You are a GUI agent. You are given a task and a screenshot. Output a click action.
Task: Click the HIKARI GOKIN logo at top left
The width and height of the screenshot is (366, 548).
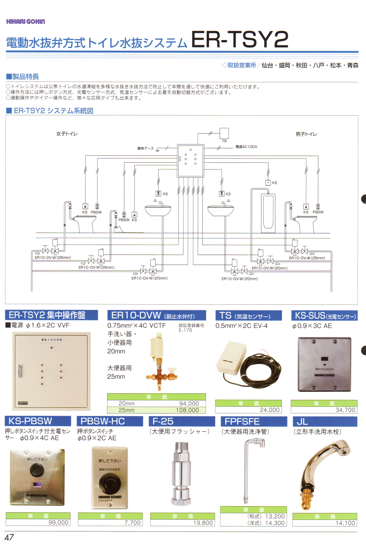click(25, 22)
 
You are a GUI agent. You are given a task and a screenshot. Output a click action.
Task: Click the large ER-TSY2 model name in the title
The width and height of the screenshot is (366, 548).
click(240, 39)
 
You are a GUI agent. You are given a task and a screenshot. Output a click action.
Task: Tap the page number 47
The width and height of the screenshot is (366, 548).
click(9, 537)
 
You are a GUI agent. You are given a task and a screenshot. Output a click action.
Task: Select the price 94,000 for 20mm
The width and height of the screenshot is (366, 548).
click(189, 403)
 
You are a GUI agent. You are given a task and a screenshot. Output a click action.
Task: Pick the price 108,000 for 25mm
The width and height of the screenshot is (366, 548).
click(187, 410)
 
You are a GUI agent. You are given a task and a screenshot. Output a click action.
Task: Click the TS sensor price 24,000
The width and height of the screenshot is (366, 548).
click(269, 410)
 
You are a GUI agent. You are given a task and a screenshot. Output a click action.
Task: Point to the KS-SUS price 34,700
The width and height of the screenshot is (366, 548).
click(345, 410)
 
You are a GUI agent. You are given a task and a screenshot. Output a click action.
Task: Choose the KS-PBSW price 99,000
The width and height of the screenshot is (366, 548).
click(58, 523)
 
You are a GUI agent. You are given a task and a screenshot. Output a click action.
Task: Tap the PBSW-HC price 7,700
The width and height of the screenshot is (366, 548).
click(133, 523)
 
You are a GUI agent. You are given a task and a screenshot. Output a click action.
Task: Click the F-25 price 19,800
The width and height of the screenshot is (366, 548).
click(203, 523)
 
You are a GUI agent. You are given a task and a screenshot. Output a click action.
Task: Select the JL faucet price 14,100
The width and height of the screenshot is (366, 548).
click(345, 523)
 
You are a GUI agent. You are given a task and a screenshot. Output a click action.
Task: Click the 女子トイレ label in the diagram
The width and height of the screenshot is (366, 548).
click(67, 134)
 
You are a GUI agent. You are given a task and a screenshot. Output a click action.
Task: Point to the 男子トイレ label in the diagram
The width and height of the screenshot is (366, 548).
click(306, 134)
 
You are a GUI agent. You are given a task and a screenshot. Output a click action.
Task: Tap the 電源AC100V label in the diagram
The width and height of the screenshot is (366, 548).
click(246, 147)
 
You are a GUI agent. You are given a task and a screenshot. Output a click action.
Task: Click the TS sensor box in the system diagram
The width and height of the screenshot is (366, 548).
click(224, 133)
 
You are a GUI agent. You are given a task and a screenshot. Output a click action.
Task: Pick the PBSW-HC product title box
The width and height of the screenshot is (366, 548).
click(110, 421)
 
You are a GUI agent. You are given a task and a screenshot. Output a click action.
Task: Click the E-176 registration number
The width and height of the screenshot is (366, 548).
click(185, 330)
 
